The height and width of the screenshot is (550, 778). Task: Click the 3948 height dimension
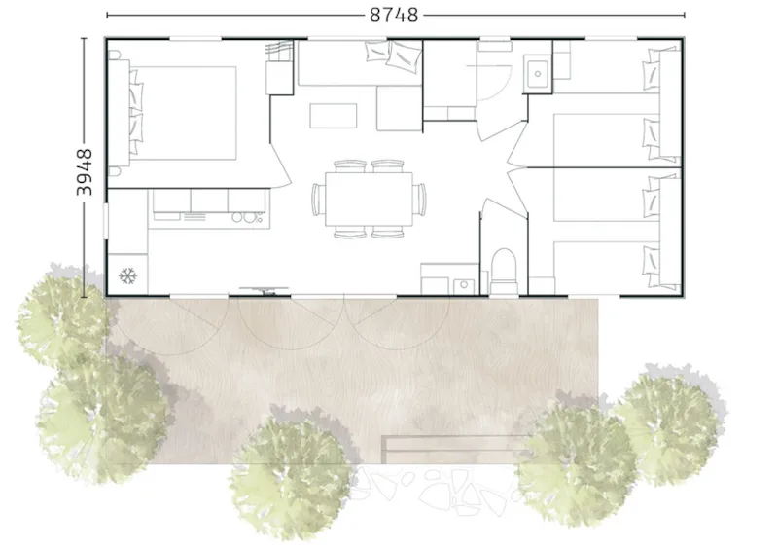click(x=86, y=172)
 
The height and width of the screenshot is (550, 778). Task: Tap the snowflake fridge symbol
click(x=126, y=276)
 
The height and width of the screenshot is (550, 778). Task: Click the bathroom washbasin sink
click(x=537, y=72)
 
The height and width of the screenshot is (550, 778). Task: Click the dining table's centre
click(x=369, y=198)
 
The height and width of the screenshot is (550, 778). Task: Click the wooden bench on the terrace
click(x=447, y=449)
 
